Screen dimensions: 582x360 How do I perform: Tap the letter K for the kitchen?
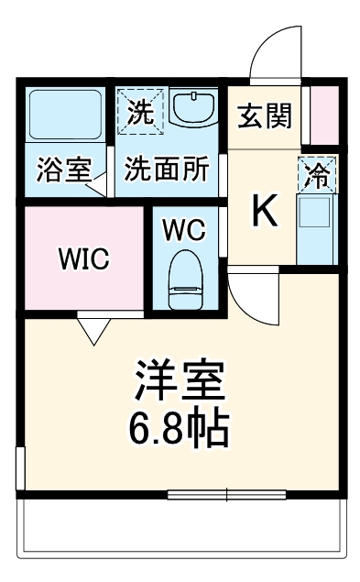264,213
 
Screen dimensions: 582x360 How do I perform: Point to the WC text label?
184,230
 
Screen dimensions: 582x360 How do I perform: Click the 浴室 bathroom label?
64,170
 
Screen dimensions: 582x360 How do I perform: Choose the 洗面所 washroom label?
166,170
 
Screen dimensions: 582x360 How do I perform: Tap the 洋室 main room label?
180,378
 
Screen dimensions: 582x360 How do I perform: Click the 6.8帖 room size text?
180,426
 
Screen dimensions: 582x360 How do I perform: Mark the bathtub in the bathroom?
65,115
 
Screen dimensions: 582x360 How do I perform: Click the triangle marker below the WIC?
93,328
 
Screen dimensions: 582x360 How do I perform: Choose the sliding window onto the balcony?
228,496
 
